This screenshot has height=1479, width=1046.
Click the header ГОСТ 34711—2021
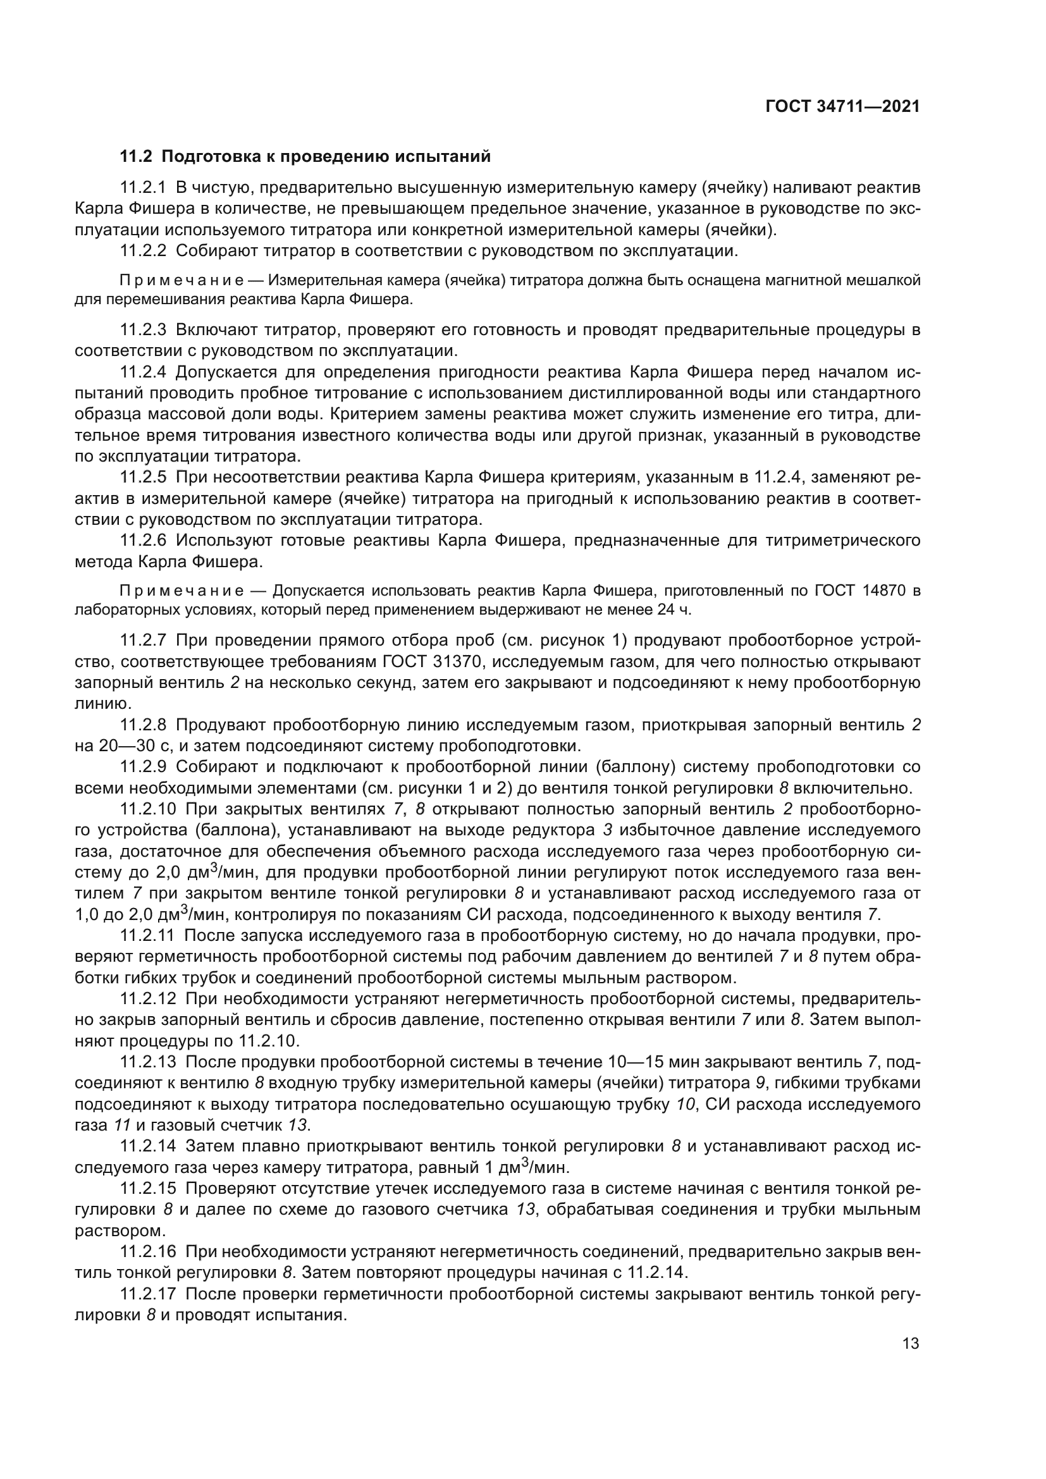[x=842, y=107]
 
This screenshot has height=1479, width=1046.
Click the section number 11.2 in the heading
[x=136, y=157]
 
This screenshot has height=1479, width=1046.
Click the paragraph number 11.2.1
[x=143, y=188]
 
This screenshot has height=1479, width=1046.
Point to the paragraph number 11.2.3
[x=143, y=331]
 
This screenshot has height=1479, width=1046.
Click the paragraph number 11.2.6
[x=143, y=541]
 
